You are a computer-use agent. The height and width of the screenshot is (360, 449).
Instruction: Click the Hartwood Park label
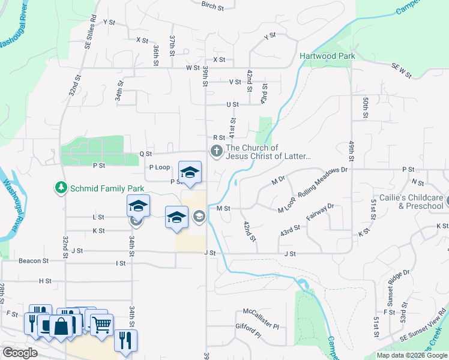[327, 56]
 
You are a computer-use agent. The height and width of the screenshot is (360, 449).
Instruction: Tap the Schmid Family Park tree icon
[61, 188]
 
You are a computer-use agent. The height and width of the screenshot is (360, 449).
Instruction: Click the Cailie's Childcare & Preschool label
[411, 202]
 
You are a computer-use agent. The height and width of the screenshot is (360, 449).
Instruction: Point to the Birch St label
[212, 5]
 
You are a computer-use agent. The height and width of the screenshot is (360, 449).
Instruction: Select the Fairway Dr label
[319, 215]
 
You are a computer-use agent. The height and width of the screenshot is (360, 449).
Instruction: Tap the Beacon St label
[33, 261]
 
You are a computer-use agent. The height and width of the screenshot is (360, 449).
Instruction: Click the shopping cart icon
[101, 324]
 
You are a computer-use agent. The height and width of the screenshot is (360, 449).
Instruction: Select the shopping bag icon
[62, 326]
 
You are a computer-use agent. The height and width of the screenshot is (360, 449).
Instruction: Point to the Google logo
[20, 353]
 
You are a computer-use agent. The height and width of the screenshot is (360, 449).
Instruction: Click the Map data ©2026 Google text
[411, 355]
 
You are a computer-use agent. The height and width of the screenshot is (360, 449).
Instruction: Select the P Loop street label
[159, 167]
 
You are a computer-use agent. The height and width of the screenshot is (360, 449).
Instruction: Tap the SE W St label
[401, 70]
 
